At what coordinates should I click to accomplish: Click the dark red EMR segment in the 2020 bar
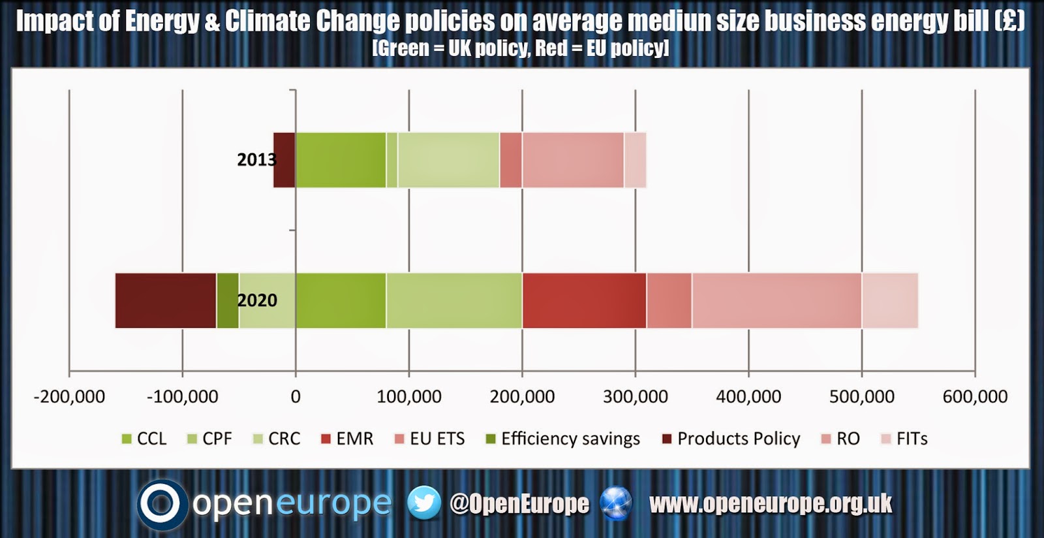585,301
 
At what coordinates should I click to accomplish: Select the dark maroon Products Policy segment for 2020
166,301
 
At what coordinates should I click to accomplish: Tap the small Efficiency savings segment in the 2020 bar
228,301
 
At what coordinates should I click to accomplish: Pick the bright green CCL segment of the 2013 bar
341,160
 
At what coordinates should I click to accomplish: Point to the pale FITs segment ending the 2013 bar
636,160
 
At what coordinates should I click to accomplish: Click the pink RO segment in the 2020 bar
777,301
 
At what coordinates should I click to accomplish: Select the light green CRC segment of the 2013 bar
449,160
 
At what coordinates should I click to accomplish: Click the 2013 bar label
257,160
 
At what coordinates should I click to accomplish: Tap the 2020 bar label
257,300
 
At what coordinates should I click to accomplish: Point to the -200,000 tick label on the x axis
69,397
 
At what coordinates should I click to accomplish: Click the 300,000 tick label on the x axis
636,397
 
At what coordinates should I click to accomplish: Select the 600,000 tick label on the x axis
975,397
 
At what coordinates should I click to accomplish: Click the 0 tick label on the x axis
296,397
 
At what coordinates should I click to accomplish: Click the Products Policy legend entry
731,439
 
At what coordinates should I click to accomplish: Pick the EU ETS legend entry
429,439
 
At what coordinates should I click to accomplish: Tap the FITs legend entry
904,439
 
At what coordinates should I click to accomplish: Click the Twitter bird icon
424,503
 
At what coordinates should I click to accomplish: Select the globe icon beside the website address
616,503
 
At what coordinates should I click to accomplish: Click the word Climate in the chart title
268,22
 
